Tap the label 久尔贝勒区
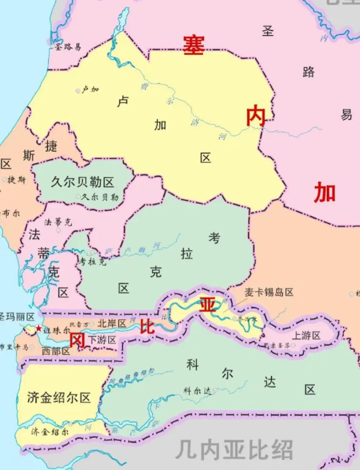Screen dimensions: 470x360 pos(82,182)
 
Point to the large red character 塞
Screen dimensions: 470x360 pos(193,45)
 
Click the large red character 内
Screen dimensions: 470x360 pos(256,117)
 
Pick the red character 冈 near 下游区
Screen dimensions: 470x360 pos(77,341)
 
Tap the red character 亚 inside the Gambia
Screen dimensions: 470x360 pos(207,304)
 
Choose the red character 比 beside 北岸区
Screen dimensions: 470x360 pos(147,326)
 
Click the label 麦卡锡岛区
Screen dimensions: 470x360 pos(269,292)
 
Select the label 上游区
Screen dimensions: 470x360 pos(306,335)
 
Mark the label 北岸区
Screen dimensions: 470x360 pos(111,323)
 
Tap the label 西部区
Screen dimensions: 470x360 pos(56,351)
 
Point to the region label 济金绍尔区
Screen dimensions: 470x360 pos(58,397)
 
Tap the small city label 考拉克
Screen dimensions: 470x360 pos(93,261)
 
